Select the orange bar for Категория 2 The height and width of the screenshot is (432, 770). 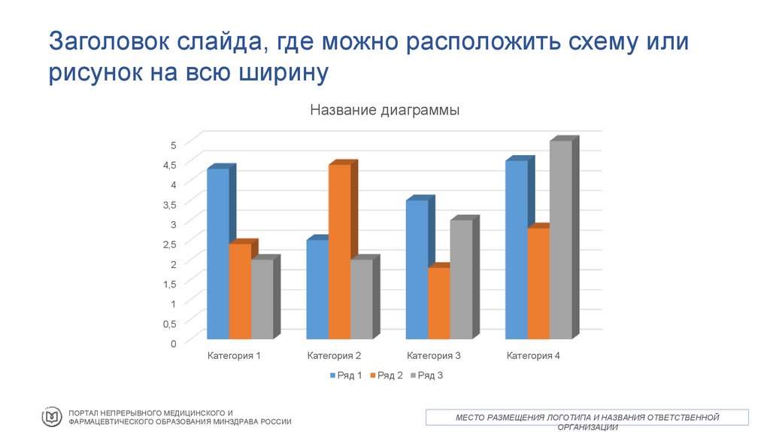339,251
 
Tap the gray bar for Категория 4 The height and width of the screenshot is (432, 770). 560,239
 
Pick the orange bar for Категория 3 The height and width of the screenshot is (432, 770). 438,303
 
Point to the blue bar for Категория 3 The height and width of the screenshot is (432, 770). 417,269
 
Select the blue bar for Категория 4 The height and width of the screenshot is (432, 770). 516,249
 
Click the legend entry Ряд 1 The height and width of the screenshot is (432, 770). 346,375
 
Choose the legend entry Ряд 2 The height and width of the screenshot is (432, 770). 387,375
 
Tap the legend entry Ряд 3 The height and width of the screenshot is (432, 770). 427,375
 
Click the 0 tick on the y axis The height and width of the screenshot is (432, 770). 173,343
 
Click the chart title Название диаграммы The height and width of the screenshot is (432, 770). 384,110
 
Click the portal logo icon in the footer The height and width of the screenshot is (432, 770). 52,416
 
